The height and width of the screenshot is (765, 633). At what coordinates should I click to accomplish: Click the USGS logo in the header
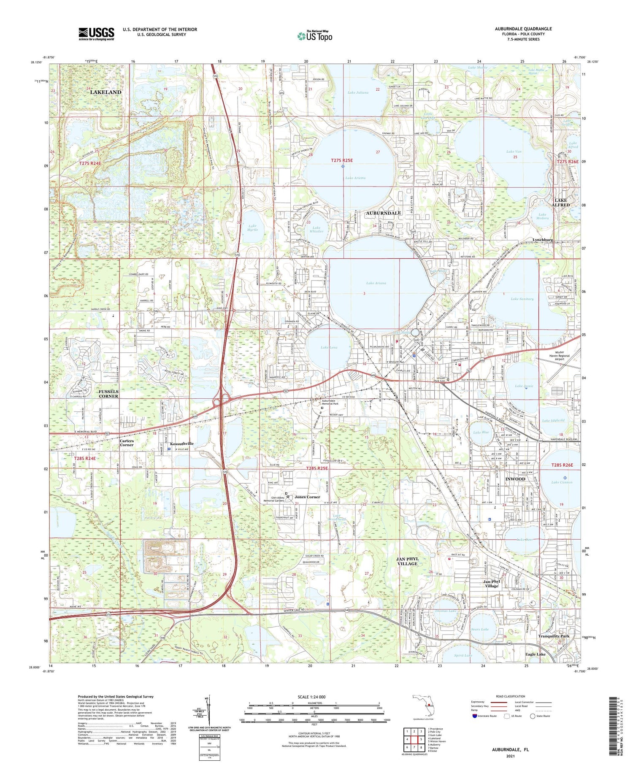[96, 34]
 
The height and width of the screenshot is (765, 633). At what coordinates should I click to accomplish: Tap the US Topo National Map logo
[314, 36]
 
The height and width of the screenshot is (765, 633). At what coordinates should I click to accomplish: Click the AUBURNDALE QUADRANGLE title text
[523, 29]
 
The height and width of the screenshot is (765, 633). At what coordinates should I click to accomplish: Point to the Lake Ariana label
[376, 283]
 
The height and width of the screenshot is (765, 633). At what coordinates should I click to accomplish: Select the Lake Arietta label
[355, 178]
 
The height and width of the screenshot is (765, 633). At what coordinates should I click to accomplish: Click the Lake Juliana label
[358, 92]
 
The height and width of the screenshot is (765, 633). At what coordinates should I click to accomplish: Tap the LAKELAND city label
[105, 92]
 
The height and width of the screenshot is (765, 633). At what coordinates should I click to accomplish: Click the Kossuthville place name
[181, 443]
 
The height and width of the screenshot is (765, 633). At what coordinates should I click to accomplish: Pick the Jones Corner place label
[307, 497]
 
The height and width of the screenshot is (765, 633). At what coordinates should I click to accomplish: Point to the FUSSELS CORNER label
[108, 394]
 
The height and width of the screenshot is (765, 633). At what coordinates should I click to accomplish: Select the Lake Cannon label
[561, 482]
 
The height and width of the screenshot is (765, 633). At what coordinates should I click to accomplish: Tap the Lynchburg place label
[542, 240]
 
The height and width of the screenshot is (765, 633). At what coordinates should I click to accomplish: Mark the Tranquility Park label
[554, 636]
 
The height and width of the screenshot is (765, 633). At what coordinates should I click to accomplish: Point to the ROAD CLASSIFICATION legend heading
[511, 696]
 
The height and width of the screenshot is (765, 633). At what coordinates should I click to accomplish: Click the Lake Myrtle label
[252, 228]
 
